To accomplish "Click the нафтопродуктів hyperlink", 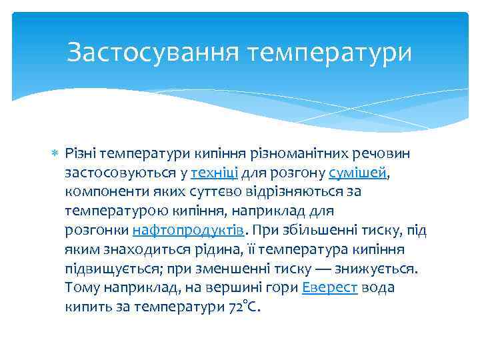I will click(x=189, y=231).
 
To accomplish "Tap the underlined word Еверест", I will click(x=330, y=288).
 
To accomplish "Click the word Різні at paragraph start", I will click(x=80, y=154).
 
